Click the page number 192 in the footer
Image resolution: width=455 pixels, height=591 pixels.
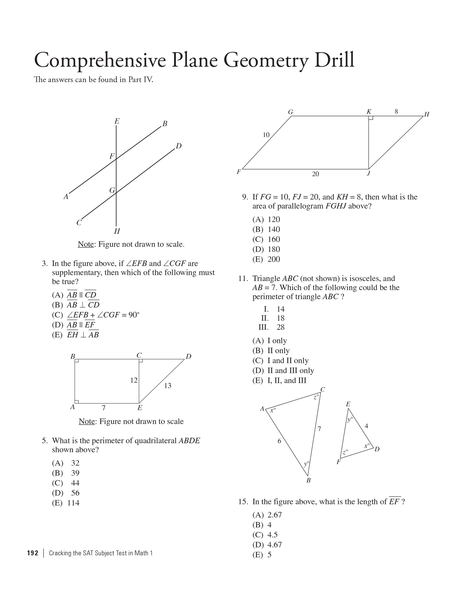coord(32,553)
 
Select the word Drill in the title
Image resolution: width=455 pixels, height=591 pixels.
coord(334,60)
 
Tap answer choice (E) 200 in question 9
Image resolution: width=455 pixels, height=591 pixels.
coord(266,259)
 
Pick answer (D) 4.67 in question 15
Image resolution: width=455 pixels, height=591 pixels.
coord(267,545)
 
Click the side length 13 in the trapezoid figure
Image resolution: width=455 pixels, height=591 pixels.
coord(168,385)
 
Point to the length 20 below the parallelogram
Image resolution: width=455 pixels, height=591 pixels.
coord(315,174)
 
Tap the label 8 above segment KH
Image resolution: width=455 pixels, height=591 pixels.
coord(396,111)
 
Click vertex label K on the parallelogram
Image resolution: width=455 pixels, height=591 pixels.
coord(369,112)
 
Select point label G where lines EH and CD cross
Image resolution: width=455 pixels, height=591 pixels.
coord(112,190)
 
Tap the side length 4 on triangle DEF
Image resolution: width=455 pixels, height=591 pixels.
coord(366,426)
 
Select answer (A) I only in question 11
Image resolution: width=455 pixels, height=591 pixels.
coord(270,340)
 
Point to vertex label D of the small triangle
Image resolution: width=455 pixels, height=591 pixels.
coord(377,449)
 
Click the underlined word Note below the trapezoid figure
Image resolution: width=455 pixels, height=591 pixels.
coord(86,421)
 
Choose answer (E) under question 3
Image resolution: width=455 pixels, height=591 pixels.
coord(75,335)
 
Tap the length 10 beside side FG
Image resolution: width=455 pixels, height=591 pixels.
coord(266,135)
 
